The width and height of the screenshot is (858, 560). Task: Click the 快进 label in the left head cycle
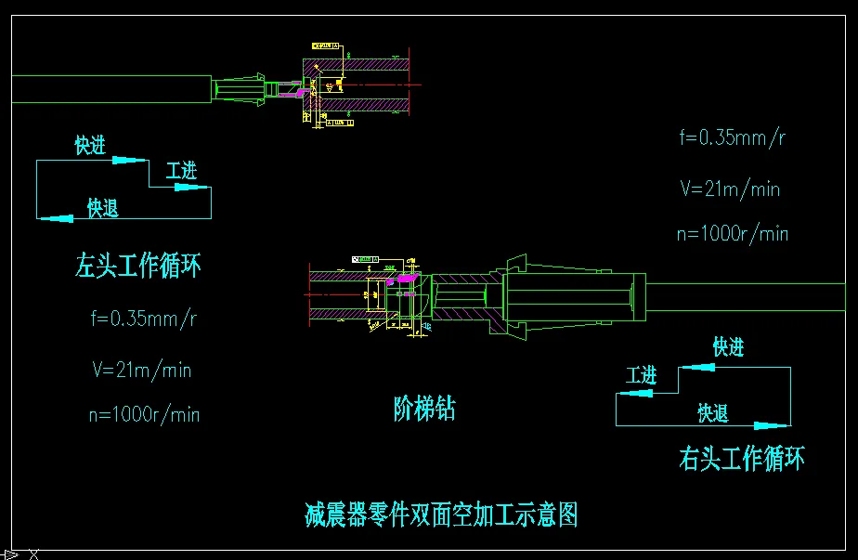tap(90, 146)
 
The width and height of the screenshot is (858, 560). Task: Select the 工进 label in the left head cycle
tap(181, 172)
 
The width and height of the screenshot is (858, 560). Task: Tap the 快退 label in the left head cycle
tap(103, 208)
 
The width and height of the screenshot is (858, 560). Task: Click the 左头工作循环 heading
tap(137, 267)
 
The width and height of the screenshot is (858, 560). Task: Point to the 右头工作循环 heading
tap(742, 458)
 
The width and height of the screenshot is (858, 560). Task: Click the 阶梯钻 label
tap(424, 409)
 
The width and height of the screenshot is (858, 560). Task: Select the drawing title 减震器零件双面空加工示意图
tap(441, 514)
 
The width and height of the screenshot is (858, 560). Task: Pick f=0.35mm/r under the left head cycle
tap(144, 319)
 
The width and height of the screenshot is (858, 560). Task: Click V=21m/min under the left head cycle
tap(142, 370)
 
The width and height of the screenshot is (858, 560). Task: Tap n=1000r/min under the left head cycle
tap(144, 414)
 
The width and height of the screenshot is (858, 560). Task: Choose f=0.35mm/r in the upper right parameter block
tap(734, 137)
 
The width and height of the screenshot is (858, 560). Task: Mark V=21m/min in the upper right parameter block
tap(730, 189)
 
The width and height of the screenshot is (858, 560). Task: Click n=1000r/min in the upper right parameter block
tap(733, 233)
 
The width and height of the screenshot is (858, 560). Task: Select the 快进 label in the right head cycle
tap(728, 347)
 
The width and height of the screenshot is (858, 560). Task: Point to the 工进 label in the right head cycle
tap(641, 375)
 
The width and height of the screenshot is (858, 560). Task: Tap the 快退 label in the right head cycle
tap(713, 413)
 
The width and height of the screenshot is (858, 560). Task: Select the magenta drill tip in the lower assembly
tap(405, 278)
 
